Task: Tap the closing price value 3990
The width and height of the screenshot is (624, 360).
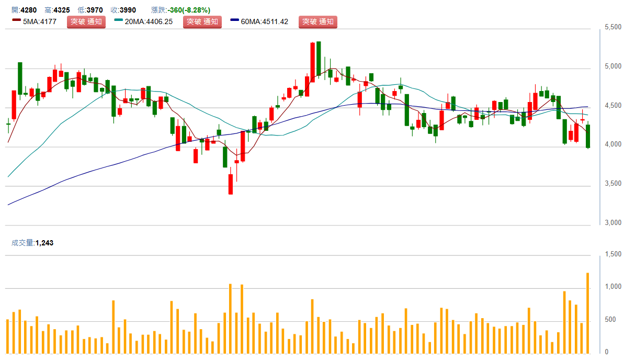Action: (129, 10)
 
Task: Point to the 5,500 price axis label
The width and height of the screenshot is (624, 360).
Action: (612, 27)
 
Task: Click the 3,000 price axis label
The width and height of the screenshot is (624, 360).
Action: (612, 223)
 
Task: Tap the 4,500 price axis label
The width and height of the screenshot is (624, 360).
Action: (612, 106)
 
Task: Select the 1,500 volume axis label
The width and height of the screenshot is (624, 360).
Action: (612, 254)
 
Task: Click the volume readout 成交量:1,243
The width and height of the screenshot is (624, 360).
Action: (32, 243)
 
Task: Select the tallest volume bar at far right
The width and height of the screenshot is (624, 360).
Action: (588, 313)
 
